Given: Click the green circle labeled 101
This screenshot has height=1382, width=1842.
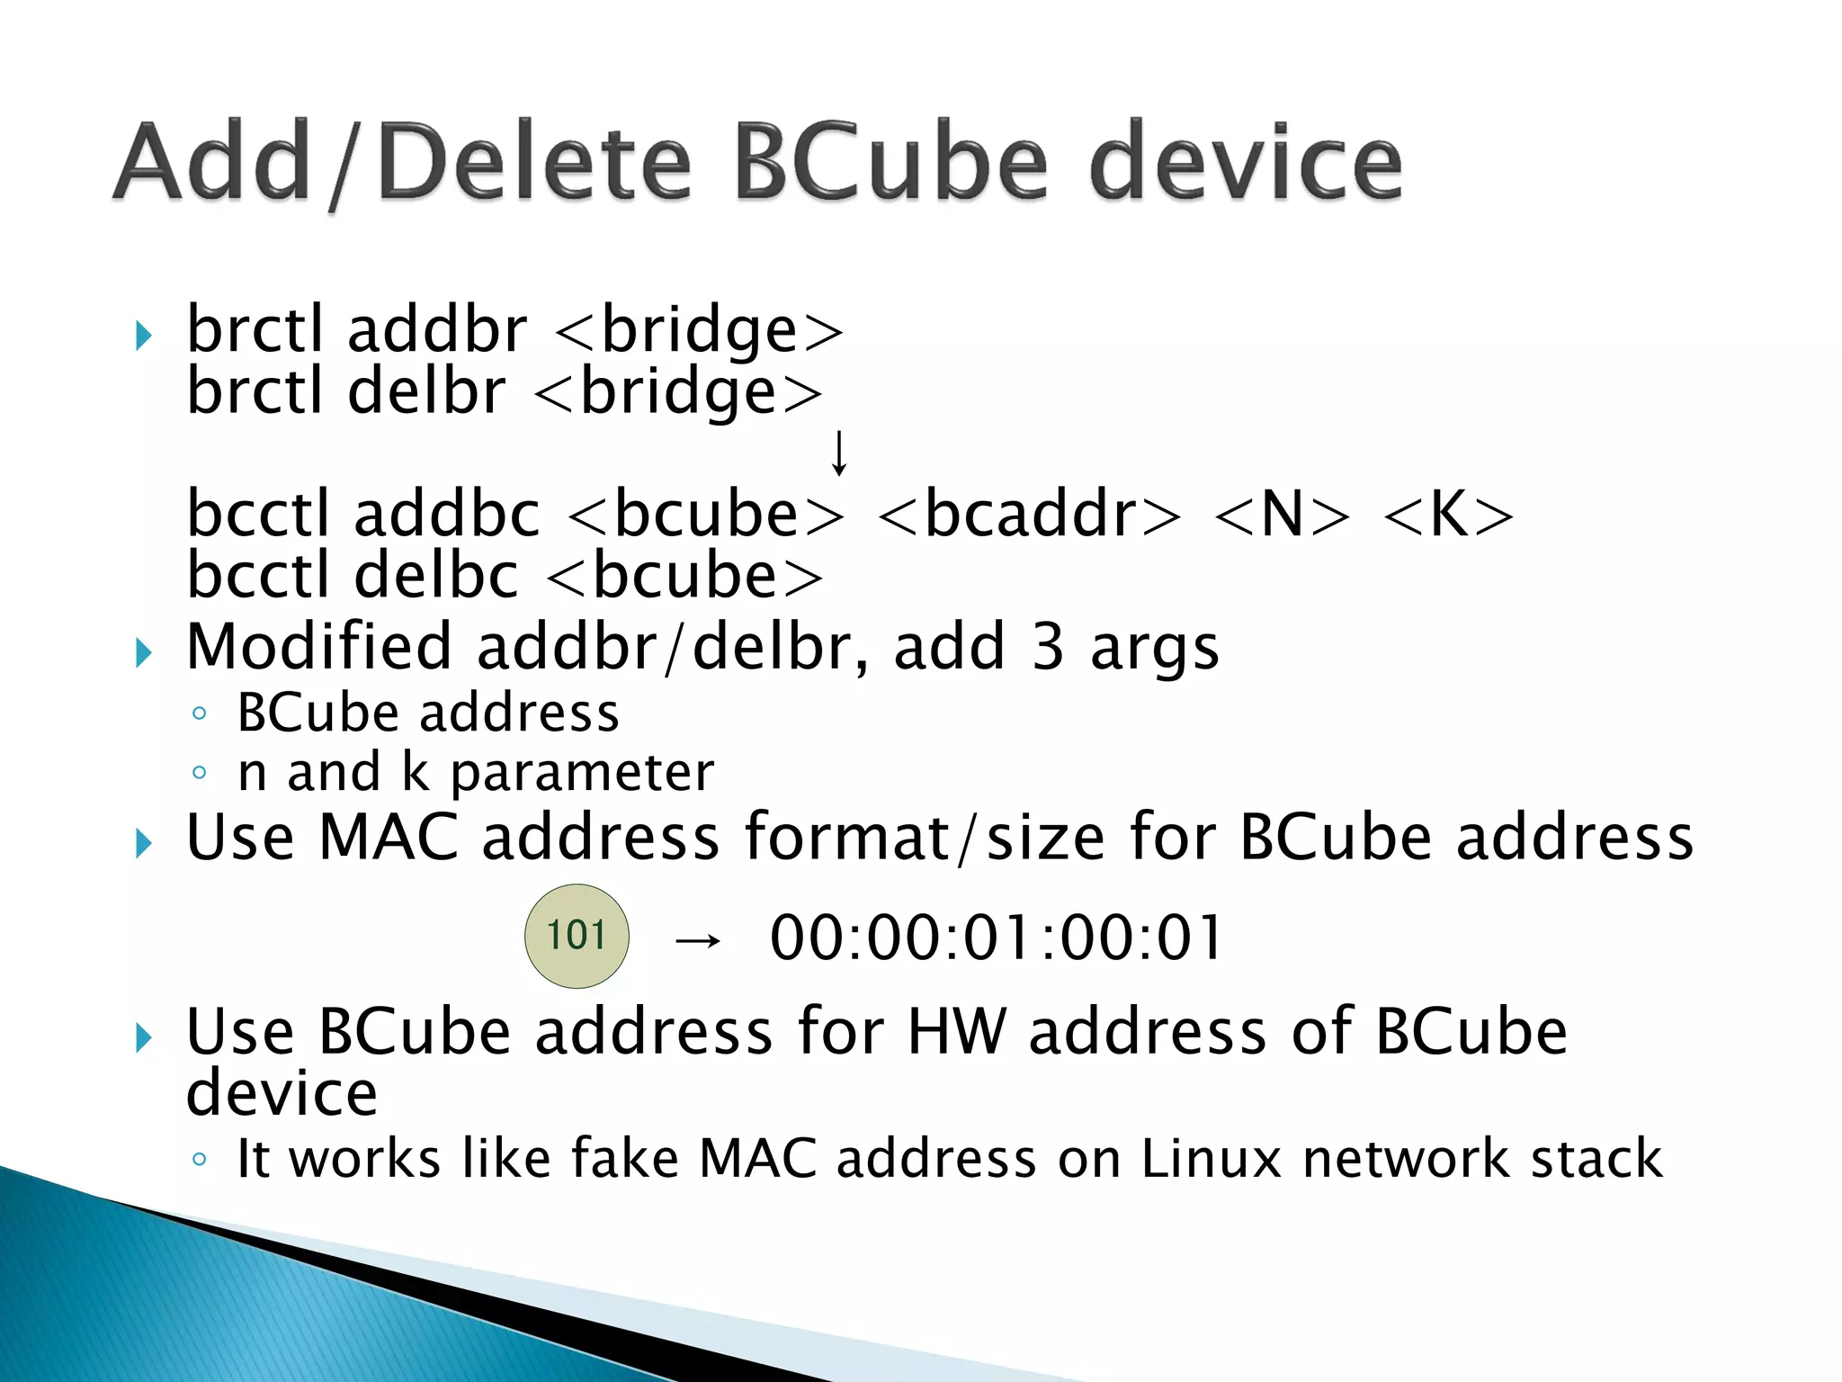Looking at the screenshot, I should coord(577,936).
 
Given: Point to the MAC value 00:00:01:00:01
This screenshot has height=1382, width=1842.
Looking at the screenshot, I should coord(997,938).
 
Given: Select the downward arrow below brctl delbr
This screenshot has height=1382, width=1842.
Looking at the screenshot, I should coord(838,453).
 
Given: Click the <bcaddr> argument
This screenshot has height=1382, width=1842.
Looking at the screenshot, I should coord(1029,515).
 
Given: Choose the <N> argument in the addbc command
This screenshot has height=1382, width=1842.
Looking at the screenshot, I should coord(1282,515).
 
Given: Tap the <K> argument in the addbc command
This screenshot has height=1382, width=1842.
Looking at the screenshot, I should coord(1448,515).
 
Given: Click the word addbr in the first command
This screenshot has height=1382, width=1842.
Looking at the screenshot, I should coord(437,330).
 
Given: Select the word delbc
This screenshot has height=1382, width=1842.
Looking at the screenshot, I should coord(436,576).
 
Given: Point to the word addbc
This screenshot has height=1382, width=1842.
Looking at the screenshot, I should coord(447,515).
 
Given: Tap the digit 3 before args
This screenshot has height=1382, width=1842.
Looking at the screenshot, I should coord(1048,647).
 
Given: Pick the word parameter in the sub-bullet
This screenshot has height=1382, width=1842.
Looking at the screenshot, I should coord(582,773).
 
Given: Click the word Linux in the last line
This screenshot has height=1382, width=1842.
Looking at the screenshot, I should coord(1211,1158).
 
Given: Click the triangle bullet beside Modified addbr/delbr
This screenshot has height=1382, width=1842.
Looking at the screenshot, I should coord(144,652).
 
